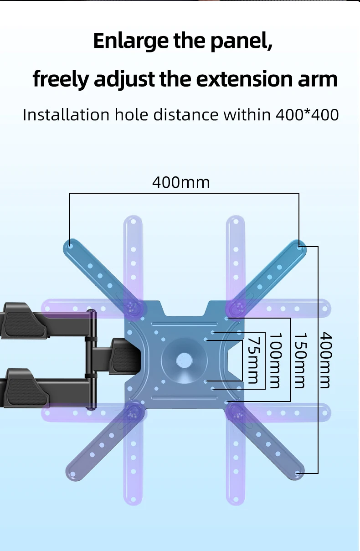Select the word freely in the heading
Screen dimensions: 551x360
point(61,79)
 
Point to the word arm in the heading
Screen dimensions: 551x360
point(319,79)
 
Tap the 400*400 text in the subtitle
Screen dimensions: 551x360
point(308,114)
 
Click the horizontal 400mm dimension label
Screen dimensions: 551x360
point(181,183)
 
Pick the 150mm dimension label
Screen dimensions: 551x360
point(299,360)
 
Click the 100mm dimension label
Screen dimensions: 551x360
point(274,360)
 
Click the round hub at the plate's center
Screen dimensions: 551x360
point(184,360)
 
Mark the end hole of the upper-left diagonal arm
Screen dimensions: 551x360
point(70,246)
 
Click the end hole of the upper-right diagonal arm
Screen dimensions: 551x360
point(299,246)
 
